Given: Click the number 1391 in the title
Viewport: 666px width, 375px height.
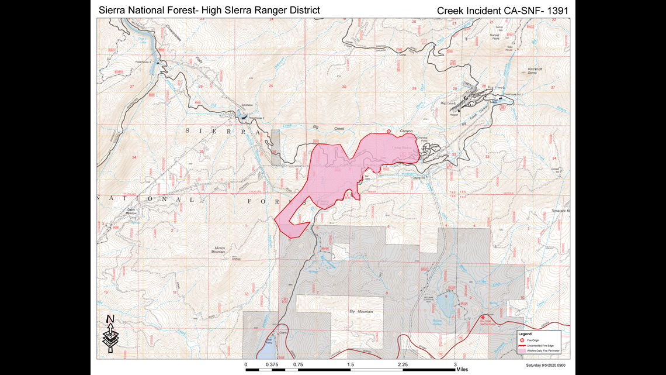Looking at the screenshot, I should pyautogui.click(x=556, y=10).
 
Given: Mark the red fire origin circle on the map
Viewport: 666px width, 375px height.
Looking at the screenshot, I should pyautogui.click(x=389, y=131).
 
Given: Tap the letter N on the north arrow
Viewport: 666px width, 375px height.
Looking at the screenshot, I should pyautogui.click(x=109, y=319).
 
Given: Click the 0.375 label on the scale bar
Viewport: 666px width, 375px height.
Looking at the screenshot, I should pyautogui.click(x=272, y=363).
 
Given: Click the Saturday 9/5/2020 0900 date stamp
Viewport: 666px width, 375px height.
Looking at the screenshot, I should pyautogui.click(x=544, y=366).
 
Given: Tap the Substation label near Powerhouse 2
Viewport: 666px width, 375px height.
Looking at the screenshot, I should pyautogui.click(x=247, y=105).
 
